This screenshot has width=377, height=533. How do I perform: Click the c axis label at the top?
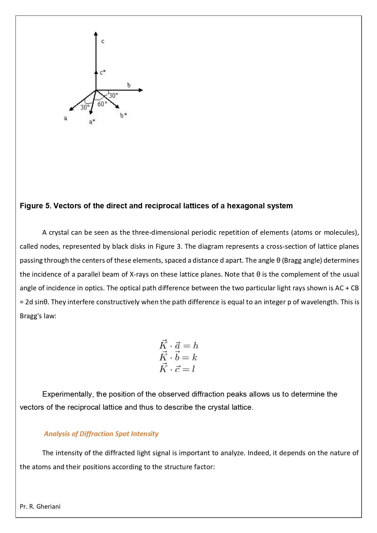click(x=103, y=41)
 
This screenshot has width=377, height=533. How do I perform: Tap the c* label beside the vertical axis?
click(x=103, y=72)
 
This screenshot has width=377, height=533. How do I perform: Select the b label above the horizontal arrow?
click(x=129, y=85)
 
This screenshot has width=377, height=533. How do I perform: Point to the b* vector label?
click(x=123, y=115)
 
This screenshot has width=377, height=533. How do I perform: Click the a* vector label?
click(x=92, y=122)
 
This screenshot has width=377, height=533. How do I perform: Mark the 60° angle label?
click(x=102, y=104)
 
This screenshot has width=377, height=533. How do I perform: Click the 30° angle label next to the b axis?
click(x=113, y=95)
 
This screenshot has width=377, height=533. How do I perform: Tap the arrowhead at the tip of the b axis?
click(x=141, y=90)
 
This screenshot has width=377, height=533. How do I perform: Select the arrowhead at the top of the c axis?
click(x=96, y=33)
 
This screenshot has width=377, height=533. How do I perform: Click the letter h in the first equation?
click(x=196, y=346)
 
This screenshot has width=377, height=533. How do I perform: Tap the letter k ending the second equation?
click(x=194, y=357)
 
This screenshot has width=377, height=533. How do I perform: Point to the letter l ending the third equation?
click(x=193, y=369)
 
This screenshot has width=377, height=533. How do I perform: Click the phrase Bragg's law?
click(x=38, y=316)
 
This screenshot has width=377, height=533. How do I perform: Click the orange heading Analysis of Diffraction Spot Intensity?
click(x=101, y=434)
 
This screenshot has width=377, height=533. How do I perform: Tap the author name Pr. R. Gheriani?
click(x=40, y=507)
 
